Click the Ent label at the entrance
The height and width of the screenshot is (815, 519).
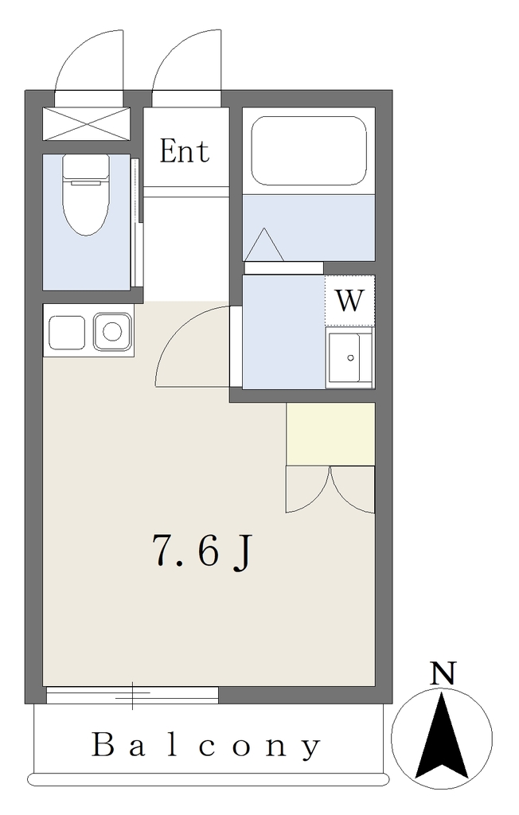pos(185,151)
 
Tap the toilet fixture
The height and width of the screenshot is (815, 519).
pos(86,194)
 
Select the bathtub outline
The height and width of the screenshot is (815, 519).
pos(308,150)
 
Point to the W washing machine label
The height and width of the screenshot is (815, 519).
pos(349,300)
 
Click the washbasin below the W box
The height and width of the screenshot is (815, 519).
pos(349,357)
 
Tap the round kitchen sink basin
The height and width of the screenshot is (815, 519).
pos(112,331)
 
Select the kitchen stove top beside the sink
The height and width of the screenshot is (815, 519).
pos(67,333)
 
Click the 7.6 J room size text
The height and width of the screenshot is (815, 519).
pos(201,552)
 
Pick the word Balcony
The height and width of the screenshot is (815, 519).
pos(206,745)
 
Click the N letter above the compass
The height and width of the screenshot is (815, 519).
pos(443,673)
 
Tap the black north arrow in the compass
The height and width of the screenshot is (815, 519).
pos(442,734)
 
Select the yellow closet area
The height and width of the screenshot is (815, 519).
pos(331,434)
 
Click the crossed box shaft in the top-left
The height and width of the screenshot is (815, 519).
pos(85,123)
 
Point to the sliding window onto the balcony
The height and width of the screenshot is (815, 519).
pos(132,695)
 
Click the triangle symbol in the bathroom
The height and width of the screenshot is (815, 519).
pos(264,244)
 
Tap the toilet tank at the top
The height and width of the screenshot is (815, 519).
pos(86,166)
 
